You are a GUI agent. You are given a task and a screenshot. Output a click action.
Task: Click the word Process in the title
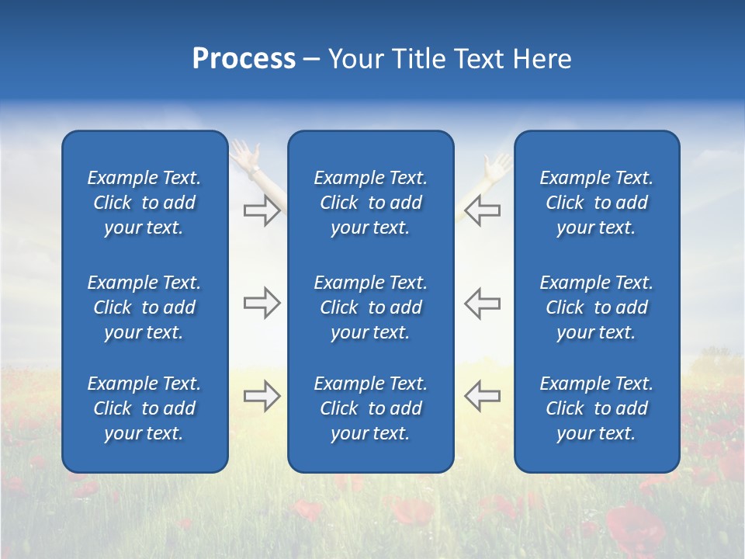244,59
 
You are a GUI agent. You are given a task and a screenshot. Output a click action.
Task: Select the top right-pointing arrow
262,210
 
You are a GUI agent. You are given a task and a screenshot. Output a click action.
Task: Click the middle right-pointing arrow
262,303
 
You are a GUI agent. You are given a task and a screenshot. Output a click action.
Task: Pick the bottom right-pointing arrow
262,396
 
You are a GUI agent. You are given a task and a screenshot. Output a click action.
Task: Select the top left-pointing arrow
483,210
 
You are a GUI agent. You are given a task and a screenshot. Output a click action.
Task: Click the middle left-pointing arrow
483,303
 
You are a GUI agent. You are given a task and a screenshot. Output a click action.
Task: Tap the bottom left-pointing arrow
483,396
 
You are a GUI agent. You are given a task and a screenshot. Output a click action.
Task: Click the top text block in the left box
144,203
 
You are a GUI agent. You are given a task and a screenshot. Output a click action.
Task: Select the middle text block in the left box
144,307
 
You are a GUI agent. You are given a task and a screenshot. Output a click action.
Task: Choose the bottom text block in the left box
144,408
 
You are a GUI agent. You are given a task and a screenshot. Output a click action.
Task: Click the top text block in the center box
370,203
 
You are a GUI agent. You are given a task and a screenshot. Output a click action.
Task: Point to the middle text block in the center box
370,307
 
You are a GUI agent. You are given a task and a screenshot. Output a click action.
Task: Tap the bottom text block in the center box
370,408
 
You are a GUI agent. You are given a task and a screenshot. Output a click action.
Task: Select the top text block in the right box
596,203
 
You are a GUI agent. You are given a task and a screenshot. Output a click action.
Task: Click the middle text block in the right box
596,307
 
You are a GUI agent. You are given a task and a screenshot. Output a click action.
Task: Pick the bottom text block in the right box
596,408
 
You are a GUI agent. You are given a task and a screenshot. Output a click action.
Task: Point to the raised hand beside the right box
497,166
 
